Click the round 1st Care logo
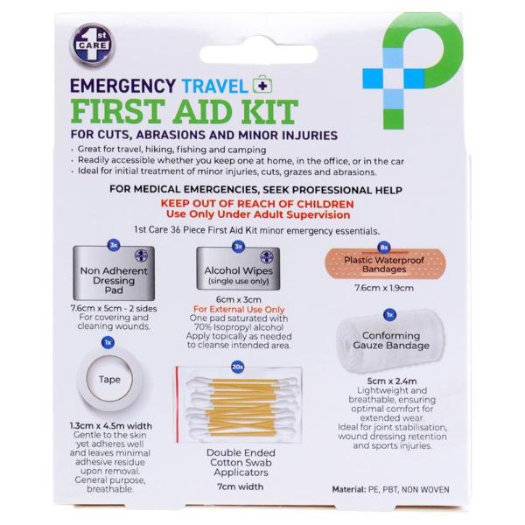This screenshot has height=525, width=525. (93, 45)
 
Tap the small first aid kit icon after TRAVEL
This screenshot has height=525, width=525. (262, 85)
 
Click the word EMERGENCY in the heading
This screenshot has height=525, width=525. (122, 86)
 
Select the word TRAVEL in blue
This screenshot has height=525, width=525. (215, 86)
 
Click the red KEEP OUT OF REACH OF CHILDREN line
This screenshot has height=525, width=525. (257, 204)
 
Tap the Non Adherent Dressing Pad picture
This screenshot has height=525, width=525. (114, 273)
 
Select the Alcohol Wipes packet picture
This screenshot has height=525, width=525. (238, 269)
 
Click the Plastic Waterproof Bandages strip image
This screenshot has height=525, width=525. (384, 264)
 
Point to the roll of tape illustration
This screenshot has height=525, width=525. (109, 380)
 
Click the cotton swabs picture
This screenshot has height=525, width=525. (239, 405)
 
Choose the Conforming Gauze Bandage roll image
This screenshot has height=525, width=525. (391, 341)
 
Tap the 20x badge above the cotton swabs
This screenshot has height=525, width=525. (238, 367)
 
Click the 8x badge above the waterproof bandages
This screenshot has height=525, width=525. (384, 248)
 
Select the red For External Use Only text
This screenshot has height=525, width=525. (239, 310)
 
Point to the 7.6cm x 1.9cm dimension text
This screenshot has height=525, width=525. (384, 288)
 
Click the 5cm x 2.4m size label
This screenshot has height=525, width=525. (392, 381)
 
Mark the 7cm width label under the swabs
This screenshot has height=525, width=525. (241, 486)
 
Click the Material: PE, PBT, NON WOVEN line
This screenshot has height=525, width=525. (391, 489)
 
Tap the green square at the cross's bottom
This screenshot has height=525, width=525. (394, 119)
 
